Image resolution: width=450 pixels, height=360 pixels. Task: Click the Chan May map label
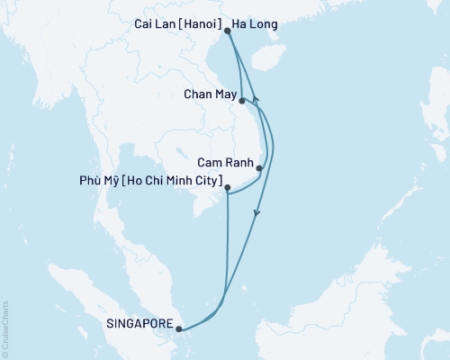[209, 93]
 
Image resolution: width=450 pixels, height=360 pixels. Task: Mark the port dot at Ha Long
[228, 31]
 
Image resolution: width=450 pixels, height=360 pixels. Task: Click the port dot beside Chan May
[242, 102]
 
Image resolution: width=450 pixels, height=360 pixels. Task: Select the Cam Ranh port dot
[259, 168]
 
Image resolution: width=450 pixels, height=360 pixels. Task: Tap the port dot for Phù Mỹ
[227, 188]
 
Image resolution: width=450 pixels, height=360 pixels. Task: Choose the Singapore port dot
[180, 328]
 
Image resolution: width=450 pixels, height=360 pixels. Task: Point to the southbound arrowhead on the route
[258, 214]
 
